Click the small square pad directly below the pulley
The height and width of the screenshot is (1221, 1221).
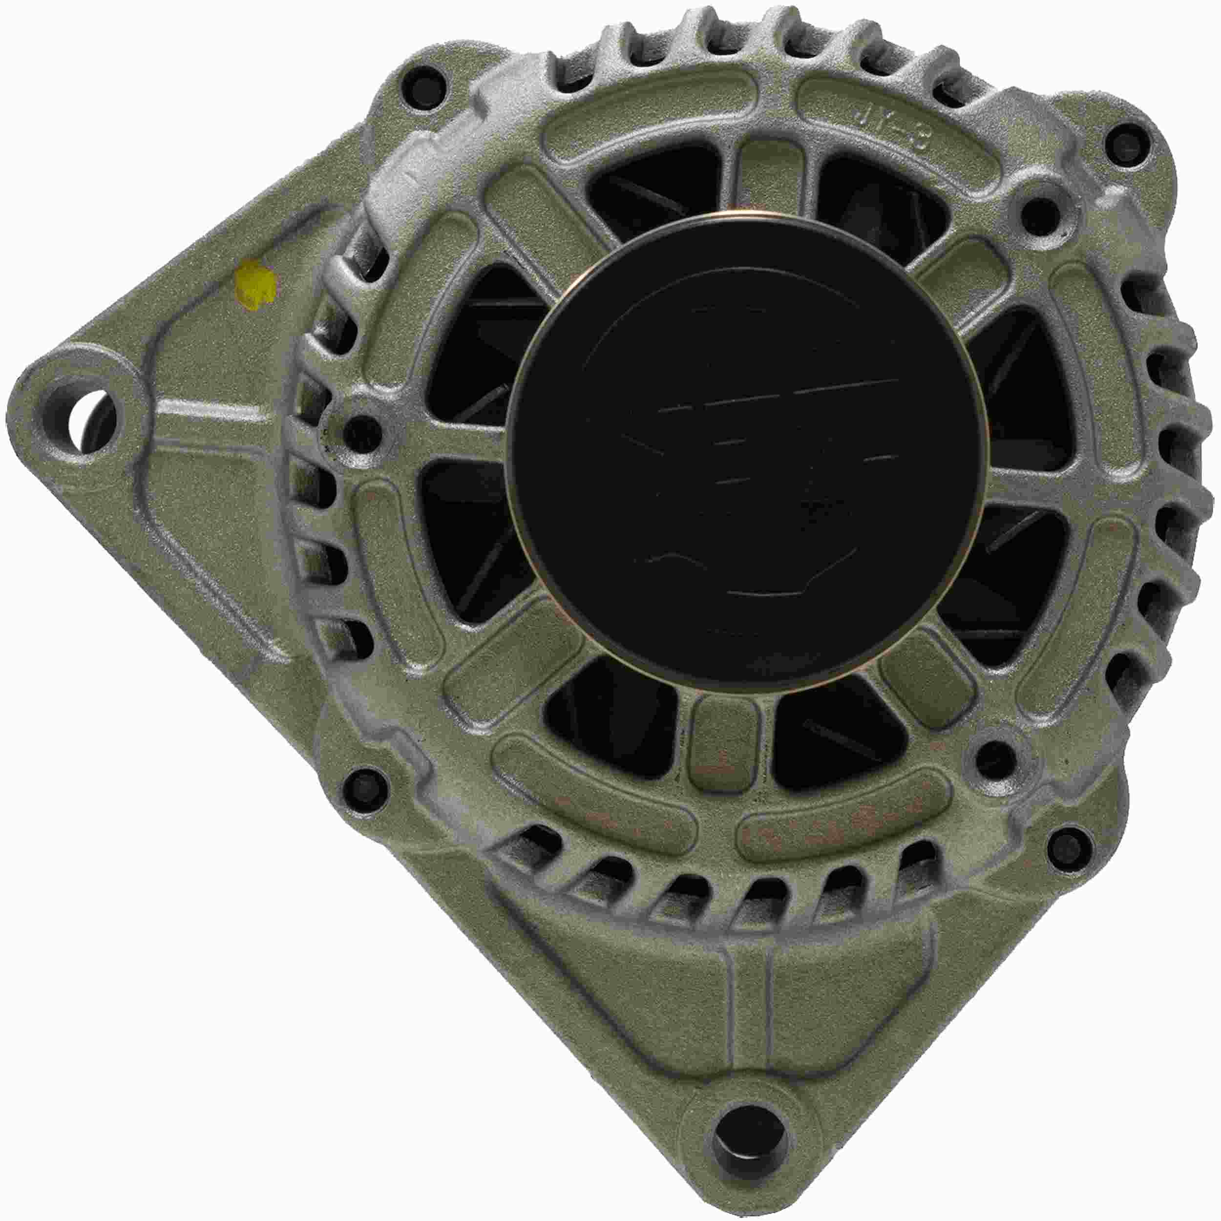tap(726, 744)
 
